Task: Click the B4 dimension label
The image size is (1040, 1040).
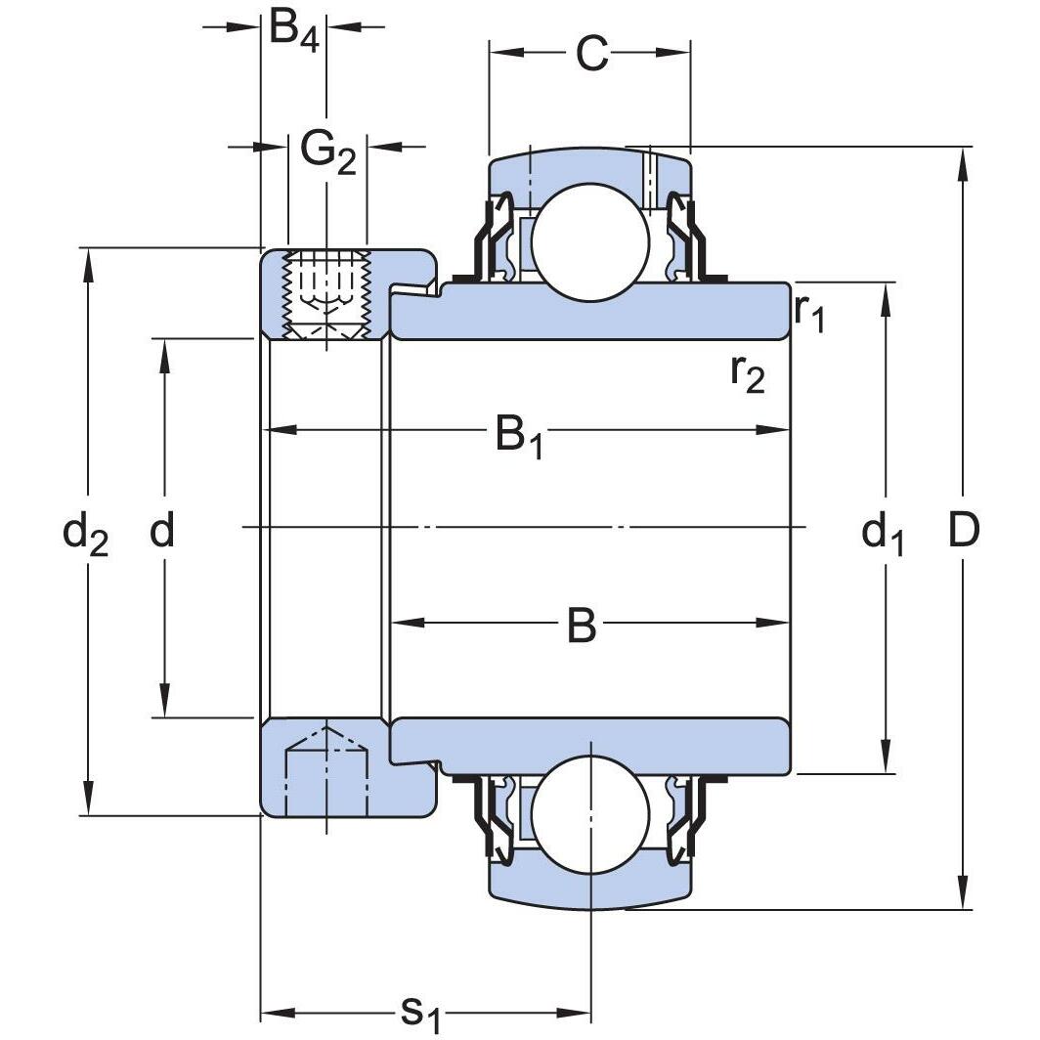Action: point(294,32)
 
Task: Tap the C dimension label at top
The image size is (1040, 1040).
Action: point(591,55)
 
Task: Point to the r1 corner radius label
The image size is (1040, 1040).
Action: point(809,312)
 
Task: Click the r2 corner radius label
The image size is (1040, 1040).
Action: point(748,372)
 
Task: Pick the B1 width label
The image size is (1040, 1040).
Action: point(519,435)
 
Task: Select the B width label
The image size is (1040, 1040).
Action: point(582,627)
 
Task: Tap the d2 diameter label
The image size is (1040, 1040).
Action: point(85,534)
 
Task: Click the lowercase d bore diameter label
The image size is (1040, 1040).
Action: point(162,532)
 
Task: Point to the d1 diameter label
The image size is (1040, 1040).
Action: point(883,534)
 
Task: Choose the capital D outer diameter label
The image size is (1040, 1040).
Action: point(964,531)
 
